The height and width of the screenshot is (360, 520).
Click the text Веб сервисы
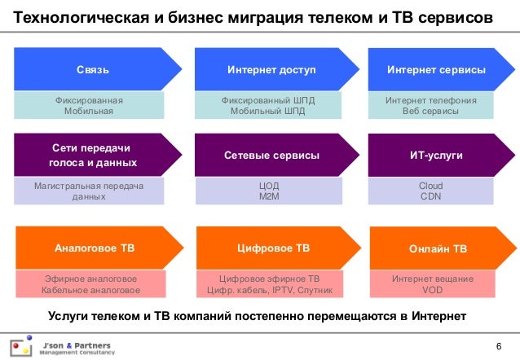[430, 111]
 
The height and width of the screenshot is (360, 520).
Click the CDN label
[430, 196]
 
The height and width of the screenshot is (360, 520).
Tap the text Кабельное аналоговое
[90, 289]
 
